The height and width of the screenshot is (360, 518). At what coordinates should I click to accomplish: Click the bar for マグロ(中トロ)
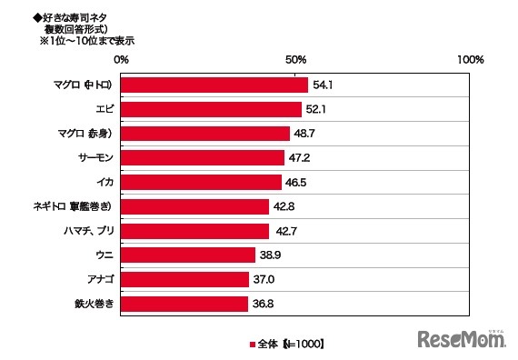tap(214, 85)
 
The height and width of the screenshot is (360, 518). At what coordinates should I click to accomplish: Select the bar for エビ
tap(211, 109)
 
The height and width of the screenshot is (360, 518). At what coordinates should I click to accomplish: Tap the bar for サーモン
tap(203, 157)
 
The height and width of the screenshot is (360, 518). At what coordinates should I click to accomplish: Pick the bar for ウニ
tap(188, 255)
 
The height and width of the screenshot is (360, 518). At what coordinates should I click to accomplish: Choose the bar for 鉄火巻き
tap(184, 304)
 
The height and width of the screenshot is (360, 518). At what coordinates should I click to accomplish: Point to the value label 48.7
tap(304, 134)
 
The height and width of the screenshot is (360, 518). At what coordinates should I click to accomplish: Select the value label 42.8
tap(284, 206)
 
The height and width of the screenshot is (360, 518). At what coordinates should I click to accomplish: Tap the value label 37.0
tap(264, 280)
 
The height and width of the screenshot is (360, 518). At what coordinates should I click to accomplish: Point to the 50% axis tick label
tap(295, 59)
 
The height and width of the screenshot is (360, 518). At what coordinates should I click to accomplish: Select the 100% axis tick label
tap(471, 59)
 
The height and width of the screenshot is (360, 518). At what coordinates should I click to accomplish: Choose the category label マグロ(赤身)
tap(84, 134)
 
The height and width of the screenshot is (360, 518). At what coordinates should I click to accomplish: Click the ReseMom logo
tap(462, 340)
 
